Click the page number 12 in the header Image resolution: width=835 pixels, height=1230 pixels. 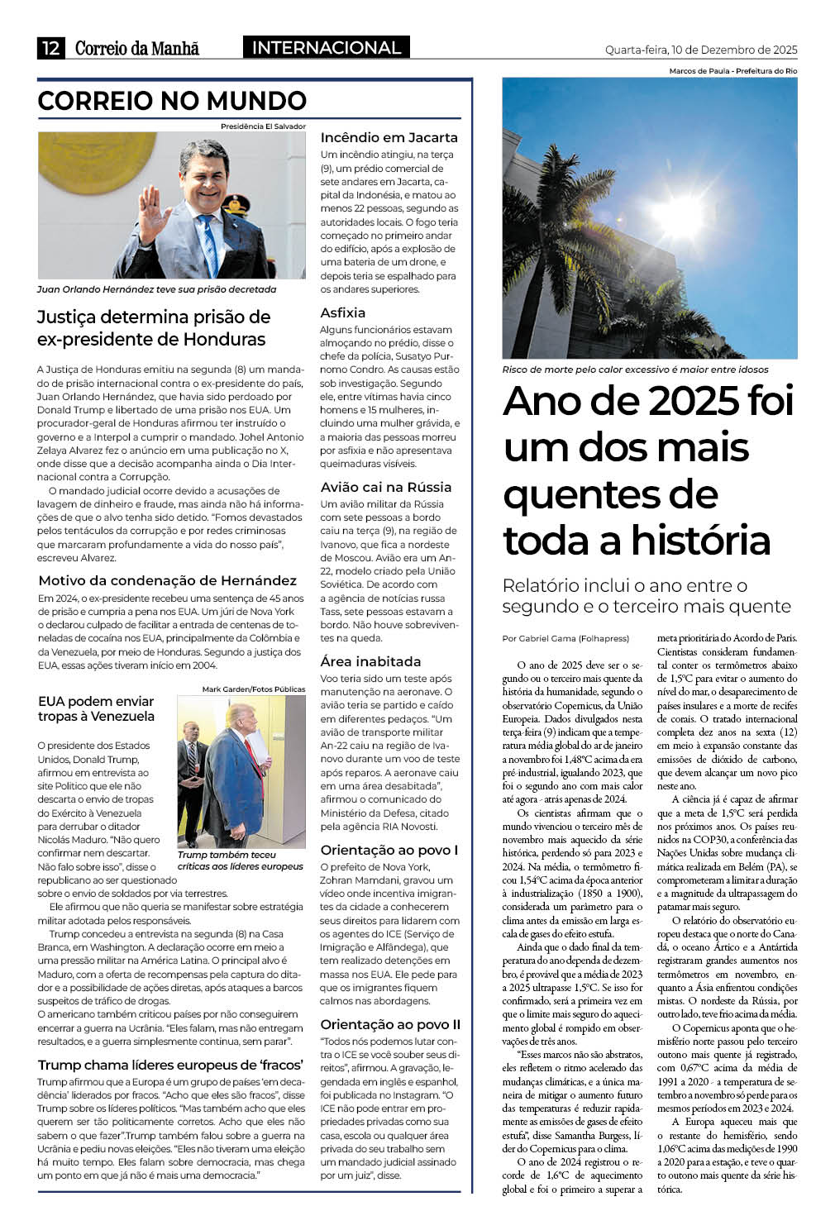pos(50,48)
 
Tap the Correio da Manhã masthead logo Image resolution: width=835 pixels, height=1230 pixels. pos(137,48)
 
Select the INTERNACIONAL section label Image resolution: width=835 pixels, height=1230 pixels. pos(326,48)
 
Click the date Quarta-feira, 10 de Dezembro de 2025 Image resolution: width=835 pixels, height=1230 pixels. pos(701,50)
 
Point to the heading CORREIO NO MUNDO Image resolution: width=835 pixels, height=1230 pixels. pos(172,101)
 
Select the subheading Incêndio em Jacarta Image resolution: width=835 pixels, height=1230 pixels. pos(389,138)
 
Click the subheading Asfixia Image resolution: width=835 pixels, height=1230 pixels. pos(343,312)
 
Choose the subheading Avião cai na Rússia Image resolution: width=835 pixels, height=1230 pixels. pos(386,487)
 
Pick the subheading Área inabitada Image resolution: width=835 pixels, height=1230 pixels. pos(370,661)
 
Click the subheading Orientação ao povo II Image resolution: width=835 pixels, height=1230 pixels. pos(390,1024)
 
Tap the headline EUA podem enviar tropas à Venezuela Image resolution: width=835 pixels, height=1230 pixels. pos(96,708)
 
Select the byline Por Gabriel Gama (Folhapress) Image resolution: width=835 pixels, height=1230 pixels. pos(565,638)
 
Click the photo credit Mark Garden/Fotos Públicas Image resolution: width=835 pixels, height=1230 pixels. pos(253,689)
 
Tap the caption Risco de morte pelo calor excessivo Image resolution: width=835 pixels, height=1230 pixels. pos(635,369)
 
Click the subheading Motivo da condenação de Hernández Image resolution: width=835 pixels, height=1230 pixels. pos(167,580)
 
